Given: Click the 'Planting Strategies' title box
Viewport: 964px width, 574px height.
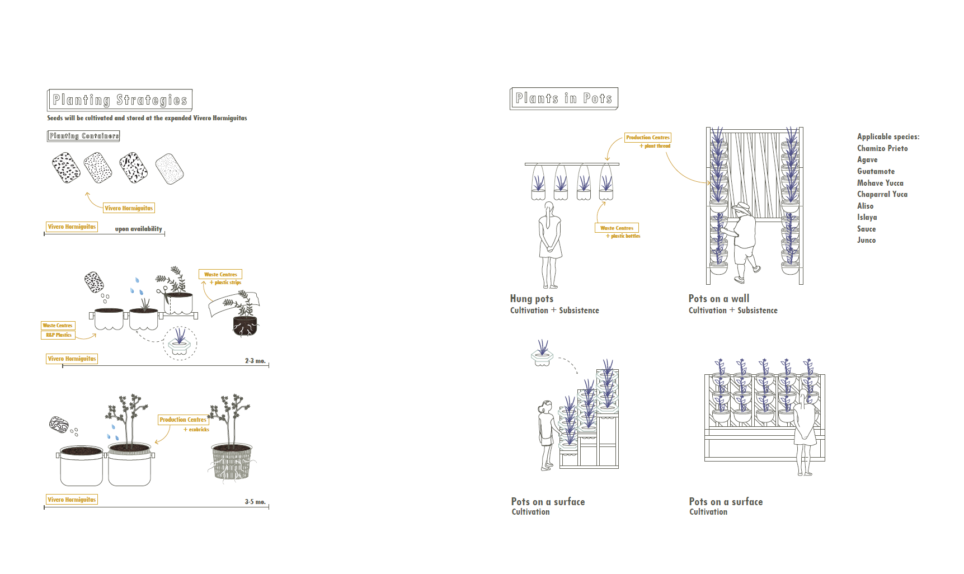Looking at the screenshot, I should (120, 100).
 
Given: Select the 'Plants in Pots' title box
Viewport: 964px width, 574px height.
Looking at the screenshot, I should (563, 98).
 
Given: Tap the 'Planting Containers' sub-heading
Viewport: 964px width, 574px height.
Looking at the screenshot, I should (83, 136).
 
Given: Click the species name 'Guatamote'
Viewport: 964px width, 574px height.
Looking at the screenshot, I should (876, 171).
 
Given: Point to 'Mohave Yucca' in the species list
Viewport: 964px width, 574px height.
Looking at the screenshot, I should (880, 183).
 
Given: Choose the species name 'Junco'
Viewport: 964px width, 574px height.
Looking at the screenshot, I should (866, 240).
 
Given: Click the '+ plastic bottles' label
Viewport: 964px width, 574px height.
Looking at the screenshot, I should (623, 236).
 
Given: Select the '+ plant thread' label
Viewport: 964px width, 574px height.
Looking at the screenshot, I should (655, 146).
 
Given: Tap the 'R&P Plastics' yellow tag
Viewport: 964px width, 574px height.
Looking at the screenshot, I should (58, 335).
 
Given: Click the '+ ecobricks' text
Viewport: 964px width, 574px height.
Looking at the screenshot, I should (196, 430).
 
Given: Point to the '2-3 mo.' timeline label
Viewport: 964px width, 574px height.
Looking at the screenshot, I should (255, 361).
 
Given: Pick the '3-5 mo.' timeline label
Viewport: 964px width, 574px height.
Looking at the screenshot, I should (255, 502).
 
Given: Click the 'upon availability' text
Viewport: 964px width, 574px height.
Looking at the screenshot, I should (139, 229).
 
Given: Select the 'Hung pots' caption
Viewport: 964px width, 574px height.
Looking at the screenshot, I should (532, 299).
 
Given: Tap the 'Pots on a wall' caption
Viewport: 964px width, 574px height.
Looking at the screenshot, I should (719, 299).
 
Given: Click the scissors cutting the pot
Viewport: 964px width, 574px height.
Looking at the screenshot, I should (162, 291).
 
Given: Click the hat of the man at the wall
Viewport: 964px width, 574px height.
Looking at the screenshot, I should (742, 207).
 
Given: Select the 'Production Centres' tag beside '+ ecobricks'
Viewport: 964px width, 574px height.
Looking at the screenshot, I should (183, 420).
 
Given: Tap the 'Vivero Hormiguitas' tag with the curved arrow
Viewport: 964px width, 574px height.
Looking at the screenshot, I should (129, 208).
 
